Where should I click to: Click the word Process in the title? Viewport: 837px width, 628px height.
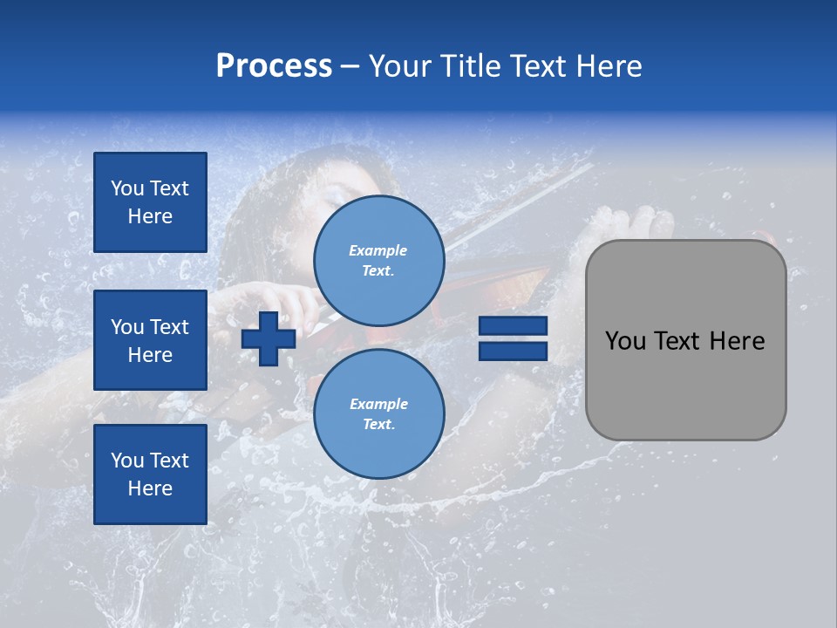(274, 66)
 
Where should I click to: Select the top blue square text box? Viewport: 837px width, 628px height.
(150, 202)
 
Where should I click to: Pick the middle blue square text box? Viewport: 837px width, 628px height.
(150, 340)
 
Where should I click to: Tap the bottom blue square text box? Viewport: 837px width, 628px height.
(150, 474)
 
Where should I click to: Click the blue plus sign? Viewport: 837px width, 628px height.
(269, 338)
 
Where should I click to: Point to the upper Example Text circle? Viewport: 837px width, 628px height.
(378, 260)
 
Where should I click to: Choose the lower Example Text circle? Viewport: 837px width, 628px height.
(378, 413)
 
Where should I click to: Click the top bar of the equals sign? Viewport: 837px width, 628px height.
(513, 326)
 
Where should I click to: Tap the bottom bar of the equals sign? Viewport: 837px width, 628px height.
(513, 351)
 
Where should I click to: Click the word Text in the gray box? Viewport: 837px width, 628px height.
(678, 341)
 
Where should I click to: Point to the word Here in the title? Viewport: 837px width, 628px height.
(607, 66)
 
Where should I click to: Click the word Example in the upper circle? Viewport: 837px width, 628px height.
(378, 250)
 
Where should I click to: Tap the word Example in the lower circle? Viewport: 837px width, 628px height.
(378, 404)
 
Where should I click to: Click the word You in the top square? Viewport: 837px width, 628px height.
(127, 188)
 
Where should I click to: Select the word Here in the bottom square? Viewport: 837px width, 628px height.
(150, 488)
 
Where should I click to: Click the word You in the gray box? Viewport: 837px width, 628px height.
(625, 341)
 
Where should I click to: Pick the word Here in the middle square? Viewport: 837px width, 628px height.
(150, 355)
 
